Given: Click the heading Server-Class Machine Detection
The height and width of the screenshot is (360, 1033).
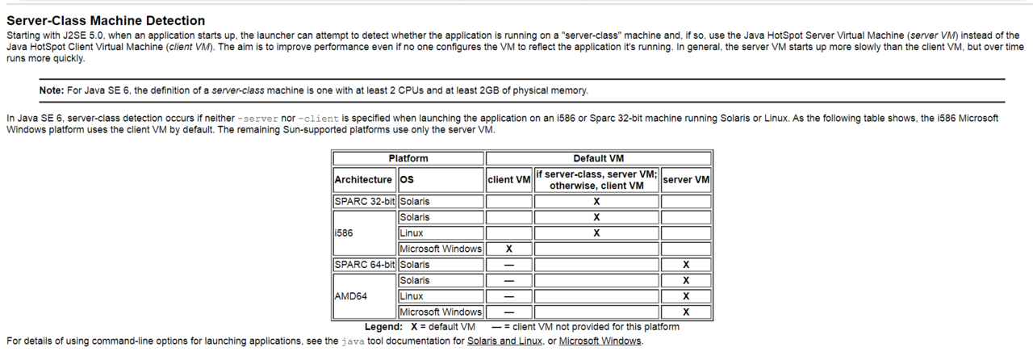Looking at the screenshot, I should (x=106, y=20).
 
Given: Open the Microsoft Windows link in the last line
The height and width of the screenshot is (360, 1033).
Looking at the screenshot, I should (x=600, y=341).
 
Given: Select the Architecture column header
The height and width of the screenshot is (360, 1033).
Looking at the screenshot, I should (x=363, y=180).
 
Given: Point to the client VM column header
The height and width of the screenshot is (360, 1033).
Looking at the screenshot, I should (x=509, y=180).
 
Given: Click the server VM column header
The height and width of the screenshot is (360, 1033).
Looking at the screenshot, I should (x=686, y=180).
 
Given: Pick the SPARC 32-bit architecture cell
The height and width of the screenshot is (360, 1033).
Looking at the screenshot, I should (x=365, y=201).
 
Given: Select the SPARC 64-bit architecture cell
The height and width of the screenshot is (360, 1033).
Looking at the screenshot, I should (x=365, y=265).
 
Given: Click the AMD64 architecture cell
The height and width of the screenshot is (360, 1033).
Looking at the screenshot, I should (x=351, y=296).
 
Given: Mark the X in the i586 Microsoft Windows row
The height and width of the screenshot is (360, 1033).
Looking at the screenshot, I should (x=509, y=249).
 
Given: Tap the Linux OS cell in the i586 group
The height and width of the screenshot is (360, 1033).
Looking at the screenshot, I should (x=412, y=233).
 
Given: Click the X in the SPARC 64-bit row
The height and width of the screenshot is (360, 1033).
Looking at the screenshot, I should (x=686, y=265).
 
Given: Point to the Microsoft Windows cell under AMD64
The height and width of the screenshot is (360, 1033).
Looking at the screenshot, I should (x=441, y=312).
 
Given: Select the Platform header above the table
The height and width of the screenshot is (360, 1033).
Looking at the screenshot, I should (x=408, y=158).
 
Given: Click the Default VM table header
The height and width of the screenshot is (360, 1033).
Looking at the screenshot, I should (x=598, y=158).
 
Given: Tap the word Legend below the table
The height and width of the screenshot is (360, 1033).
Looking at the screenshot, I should (x=383, y=327).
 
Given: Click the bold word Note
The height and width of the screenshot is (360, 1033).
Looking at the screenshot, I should (x=52, y=90).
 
